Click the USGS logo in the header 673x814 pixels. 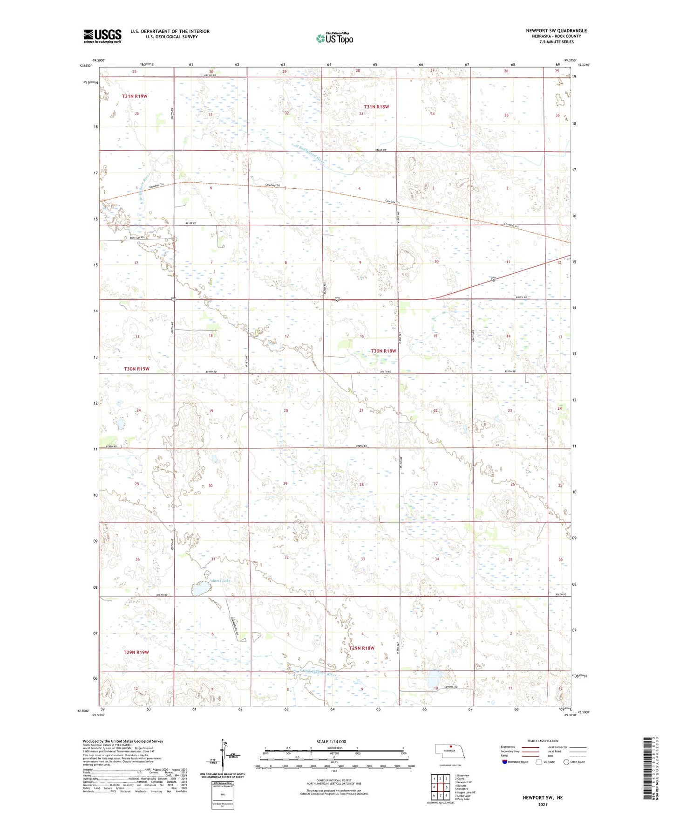(102, 36)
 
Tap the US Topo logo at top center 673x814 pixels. (334, 38)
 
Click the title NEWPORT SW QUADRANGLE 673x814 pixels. (556, 31)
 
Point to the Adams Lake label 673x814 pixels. (220, 581)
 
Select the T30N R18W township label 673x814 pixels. (383, 351)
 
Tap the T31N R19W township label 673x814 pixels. (135, 96)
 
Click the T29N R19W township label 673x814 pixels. (136, 652)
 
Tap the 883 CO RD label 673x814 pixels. (210, 75)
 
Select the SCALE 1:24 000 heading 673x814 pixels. (331, 741)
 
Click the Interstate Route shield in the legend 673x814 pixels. (505, 762)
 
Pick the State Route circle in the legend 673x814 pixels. (566, 762)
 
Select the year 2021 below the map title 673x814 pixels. (543, 805)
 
